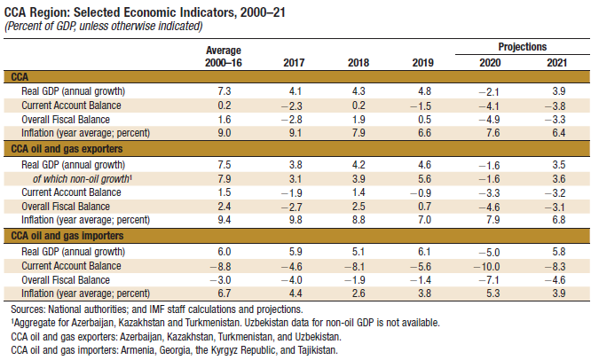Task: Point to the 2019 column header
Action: click(x=423, y=63)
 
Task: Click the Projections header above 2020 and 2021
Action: click(x=521, y=46)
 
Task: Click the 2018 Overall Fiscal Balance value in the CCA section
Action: click(x=358, y=119)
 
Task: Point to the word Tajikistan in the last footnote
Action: click(x=314, y=350)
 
